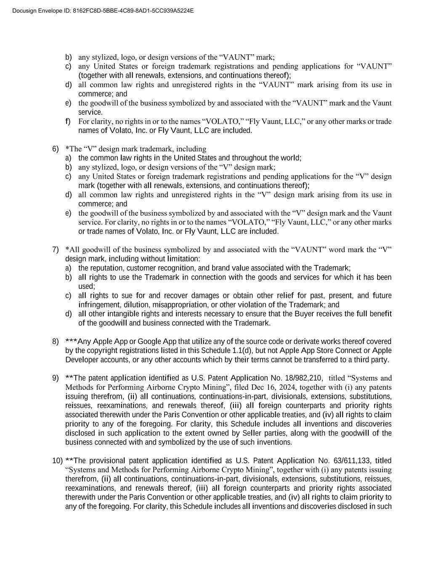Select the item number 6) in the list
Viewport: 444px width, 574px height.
(x=56, y=149)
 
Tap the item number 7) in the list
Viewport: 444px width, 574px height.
(x=56, y=250)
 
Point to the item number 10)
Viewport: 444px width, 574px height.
(x=57, y=461)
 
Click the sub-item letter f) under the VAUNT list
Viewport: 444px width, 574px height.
(x=68, y=122)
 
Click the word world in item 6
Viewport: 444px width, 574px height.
(x=291, y=158)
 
